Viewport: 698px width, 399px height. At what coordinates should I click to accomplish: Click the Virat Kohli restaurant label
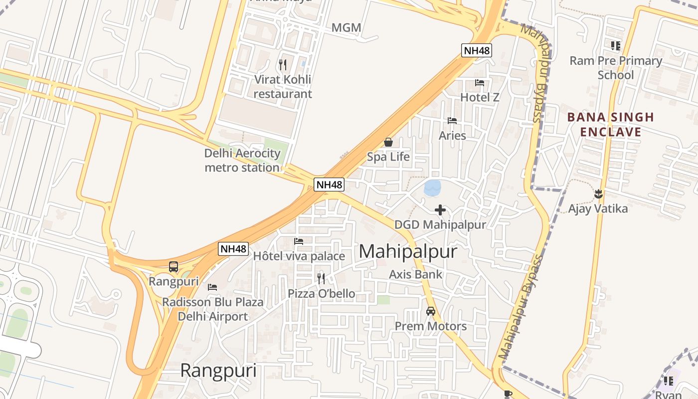(283, 86)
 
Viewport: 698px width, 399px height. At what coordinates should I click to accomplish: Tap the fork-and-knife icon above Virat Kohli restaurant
(283, 64)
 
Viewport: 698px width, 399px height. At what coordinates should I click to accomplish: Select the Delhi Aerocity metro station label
(242, 160)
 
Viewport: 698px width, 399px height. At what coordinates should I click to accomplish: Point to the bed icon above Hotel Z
(480, 83)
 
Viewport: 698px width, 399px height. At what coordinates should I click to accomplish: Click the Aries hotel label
(452, 135)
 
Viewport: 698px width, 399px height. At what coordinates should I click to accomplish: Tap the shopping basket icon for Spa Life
(388, 143)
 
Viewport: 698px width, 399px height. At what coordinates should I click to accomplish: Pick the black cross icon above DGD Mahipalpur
(440, 210)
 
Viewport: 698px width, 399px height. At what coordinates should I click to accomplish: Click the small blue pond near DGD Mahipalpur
(432, 188)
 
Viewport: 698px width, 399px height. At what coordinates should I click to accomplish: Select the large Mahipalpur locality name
(408, 251)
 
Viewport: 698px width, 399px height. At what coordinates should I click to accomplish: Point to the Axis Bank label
(415, 274)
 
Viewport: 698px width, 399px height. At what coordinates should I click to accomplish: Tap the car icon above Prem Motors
(431, 311)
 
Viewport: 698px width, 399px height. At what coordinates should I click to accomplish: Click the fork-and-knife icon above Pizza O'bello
(321, 278)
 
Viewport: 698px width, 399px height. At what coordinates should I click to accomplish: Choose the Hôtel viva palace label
(299, 256)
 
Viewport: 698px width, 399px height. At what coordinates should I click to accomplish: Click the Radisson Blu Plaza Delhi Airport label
(213, 309)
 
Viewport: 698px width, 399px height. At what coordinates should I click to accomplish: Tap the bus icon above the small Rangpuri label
(174, 267)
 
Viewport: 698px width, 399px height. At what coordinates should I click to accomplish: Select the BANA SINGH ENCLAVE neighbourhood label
(611, 124)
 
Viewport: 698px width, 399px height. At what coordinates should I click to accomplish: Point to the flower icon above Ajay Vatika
(598, 194)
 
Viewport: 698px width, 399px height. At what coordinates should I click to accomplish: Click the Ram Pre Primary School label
(616, 68)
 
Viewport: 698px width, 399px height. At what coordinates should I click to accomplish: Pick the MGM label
(346, 27)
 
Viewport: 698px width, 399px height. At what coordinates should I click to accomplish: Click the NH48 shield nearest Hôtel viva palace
(233, 248)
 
